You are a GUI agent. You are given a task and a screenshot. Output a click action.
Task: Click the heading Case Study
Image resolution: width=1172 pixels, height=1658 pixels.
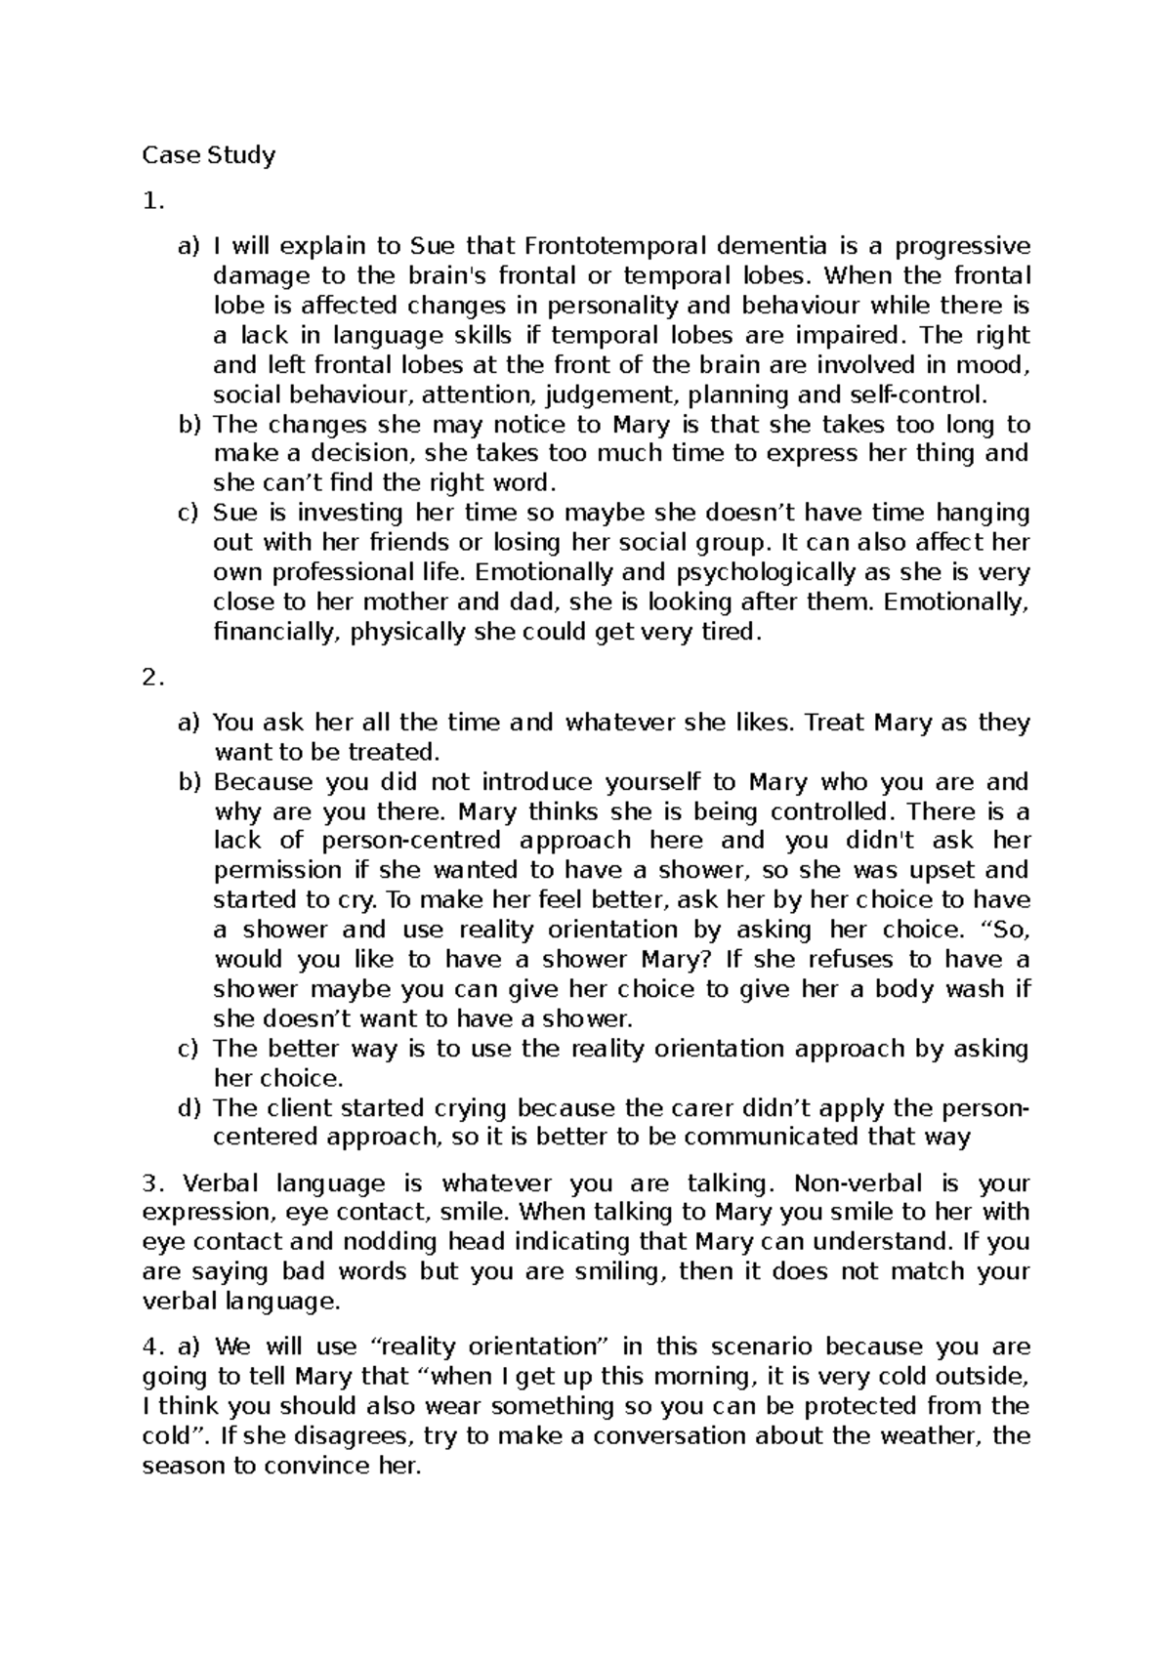click(x=209, y=155)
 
